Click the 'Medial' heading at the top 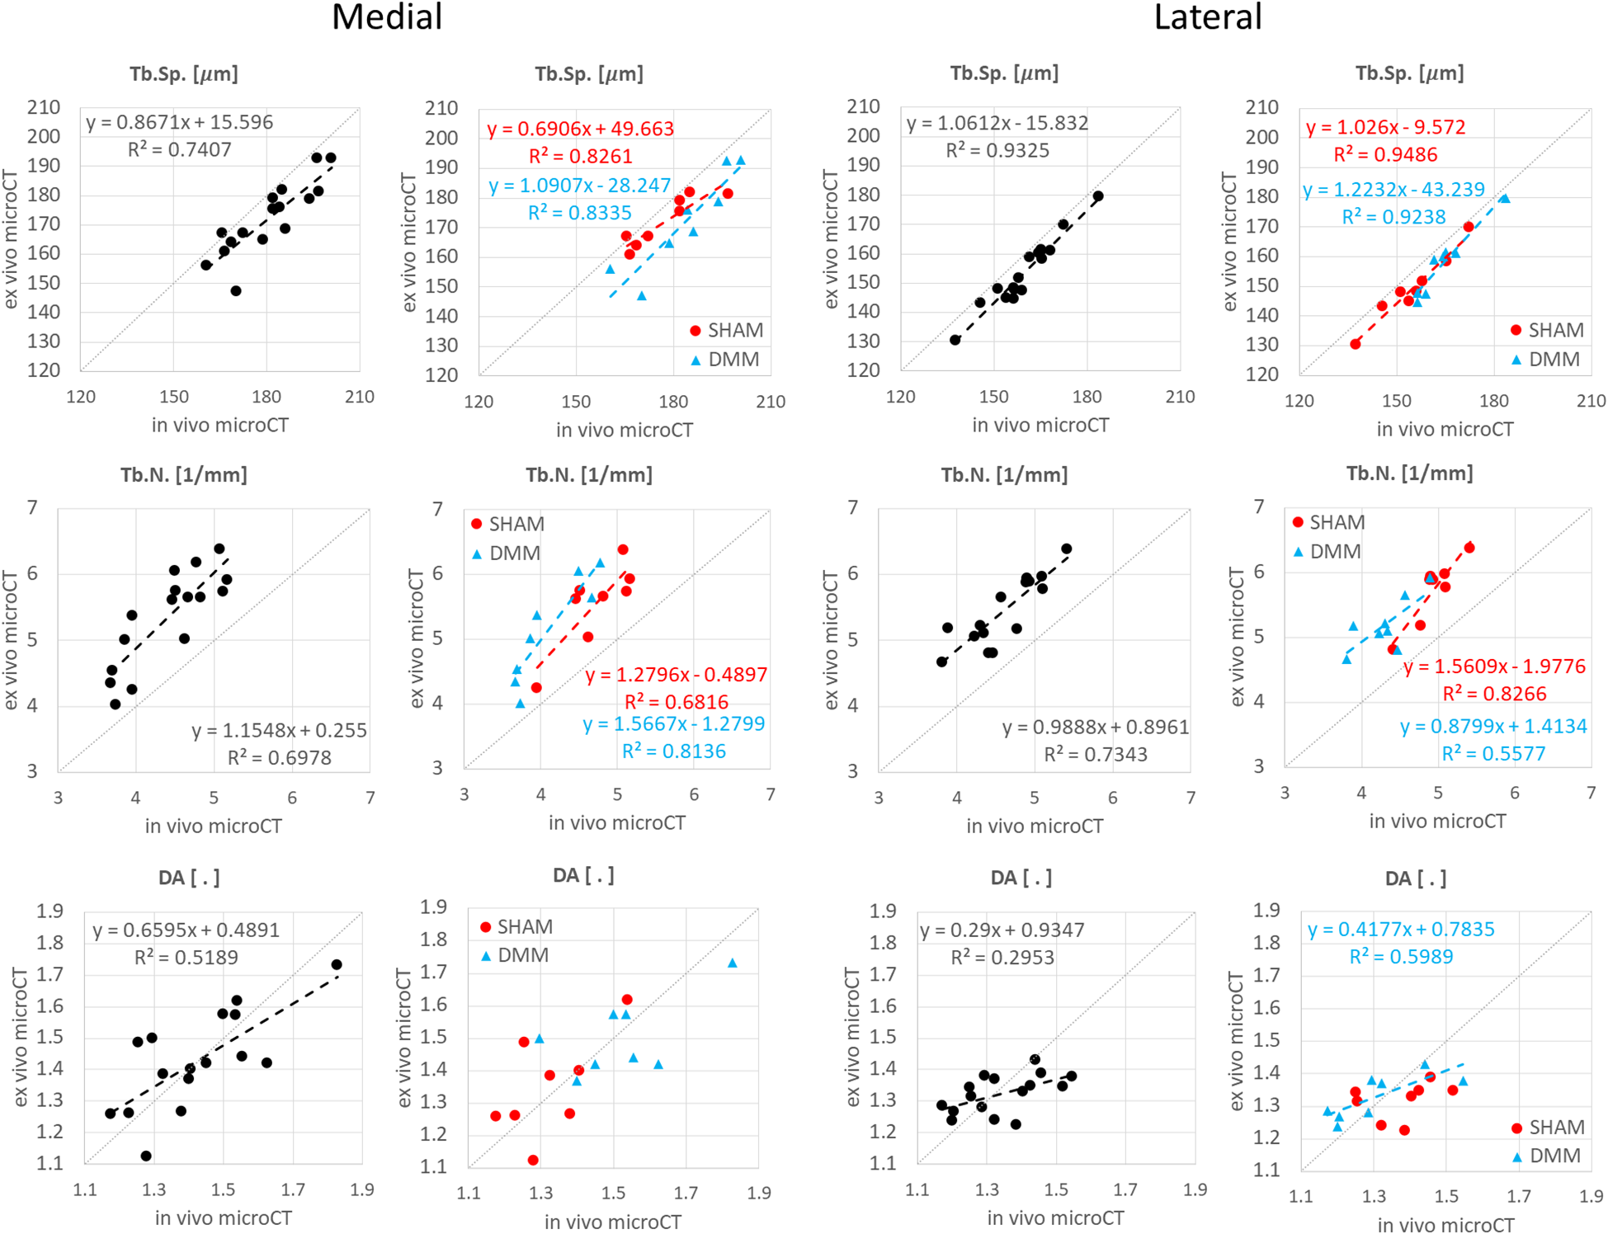pyautogui.click(x=387, y=17)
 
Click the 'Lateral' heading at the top pyautogui.click(x=1207, y=17)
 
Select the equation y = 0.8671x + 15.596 pyautogui.click(x=180, y=122)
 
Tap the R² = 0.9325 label pyautogui.click(x=997, y=150)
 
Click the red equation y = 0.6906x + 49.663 pyautogui.click(x=580, y=129)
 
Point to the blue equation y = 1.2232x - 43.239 pyautogui.click(x=1393, y=190)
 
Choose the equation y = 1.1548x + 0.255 pyautogui.click(x=279, y=730)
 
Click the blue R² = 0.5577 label pyautogui.click(x=1493, y=753)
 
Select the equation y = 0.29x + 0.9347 pyautogui.click(x=1002, y=930)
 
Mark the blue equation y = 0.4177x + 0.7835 pyautogui.click(x=1401, y=929)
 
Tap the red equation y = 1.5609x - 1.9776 pyautogui.click(x=1494, y=666)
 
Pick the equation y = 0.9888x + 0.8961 pyautogui.click(x=1095, y=727)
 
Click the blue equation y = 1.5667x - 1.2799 pyautogui.click(x=674, y=723)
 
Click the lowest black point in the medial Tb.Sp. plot pyautogui.click(x=236, y=290)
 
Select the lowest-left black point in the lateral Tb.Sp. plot pyautogui.click(x=955, y=340)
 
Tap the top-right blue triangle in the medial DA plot pyautogui.click(x=732, y=963)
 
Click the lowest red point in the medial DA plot pyautogui.click(x=533, y=1160)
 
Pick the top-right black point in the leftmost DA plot pyautogui.click(x=337, y=964)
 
